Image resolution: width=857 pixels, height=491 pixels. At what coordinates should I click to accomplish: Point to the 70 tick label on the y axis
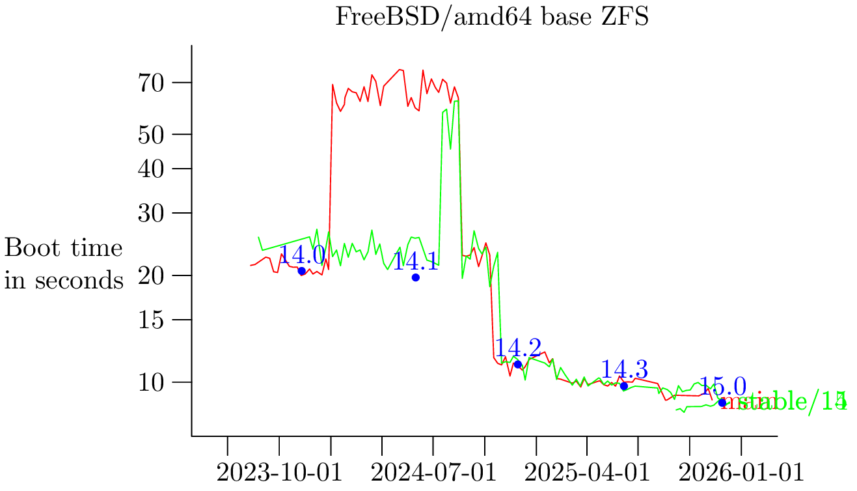pos(153,83)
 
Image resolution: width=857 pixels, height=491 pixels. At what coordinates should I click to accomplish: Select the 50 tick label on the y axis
pos(153,134)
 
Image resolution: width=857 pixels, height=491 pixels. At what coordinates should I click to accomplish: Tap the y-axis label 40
pos(153,169)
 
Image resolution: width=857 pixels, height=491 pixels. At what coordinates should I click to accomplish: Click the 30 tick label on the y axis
pos(153,214)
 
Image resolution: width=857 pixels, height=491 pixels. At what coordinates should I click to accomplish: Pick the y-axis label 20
pos(153,275)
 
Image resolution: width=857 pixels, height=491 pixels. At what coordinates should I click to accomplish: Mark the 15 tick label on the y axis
pos(153,320)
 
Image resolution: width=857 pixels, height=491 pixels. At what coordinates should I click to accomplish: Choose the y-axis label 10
pos(153,382)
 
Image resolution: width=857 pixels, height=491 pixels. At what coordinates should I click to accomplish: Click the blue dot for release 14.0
pos(301,271)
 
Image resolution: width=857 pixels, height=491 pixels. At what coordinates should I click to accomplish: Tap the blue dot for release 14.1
pos(416,277)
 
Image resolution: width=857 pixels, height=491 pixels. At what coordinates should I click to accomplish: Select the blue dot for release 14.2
pos(518,364)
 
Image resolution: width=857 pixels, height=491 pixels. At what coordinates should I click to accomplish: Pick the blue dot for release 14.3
pos(624,386)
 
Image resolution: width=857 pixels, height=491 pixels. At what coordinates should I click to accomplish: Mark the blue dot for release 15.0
pos(722,403)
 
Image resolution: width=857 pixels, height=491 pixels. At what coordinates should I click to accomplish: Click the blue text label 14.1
pos(416,262)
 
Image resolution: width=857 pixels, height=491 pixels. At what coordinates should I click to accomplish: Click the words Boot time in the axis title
pos(64,248)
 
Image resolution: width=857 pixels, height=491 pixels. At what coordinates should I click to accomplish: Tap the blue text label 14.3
pos(624,370)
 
